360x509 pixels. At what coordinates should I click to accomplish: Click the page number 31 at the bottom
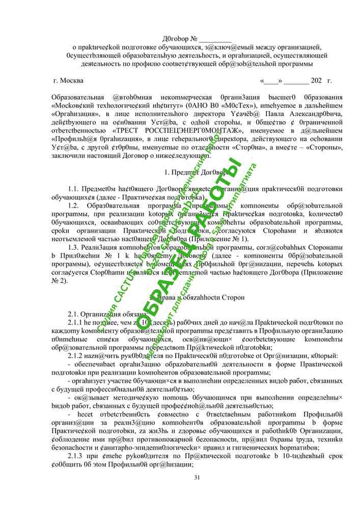point(198,477)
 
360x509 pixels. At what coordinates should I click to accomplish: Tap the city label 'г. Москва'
point(68,80)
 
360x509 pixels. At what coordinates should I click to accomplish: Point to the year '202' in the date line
point(316,80)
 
